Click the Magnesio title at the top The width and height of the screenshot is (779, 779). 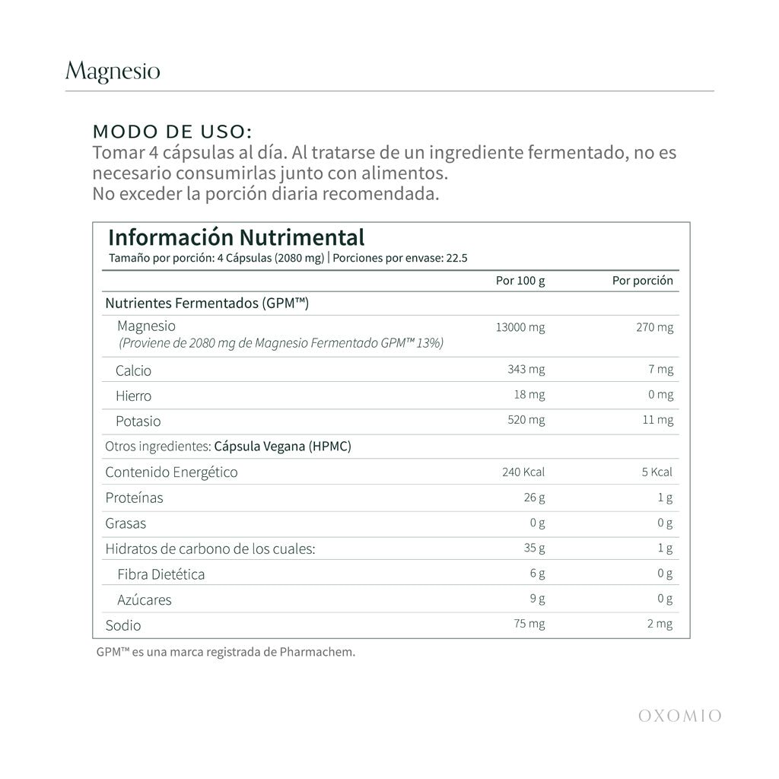(113, 72)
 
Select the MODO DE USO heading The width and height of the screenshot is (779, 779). (172, 131)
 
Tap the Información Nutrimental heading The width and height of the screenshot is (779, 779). (236, 237)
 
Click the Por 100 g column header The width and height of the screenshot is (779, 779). (520, 281)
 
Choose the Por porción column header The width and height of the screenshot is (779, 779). (643, 281)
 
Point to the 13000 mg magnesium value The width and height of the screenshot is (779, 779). (520, 328)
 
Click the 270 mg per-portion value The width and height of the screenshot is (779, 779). (655, 328)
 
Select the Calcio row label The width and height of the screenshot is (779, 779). (133, 370)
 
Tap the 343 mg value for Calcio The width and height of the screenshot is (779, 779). (526, 370)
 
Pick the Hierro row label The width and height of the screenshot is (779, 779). (133, 396)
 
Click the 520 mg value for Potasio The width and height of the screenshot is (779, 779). (526, 420)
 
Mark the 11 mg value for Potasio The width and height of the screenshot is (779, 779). (658, 420)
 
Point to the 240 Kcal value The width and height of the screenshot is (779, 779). (523, 472)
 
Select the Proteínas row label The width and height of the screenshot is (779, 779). (134, 498)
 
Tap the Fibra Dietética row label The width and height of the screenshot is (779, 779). (161, 574)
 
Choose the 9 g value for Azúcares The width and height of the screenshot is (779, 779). (537, 599)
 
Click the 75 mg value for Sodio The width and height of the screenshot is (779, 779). (529, 624)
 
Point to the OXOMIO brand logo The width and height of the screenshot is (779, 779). (679, 715)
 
